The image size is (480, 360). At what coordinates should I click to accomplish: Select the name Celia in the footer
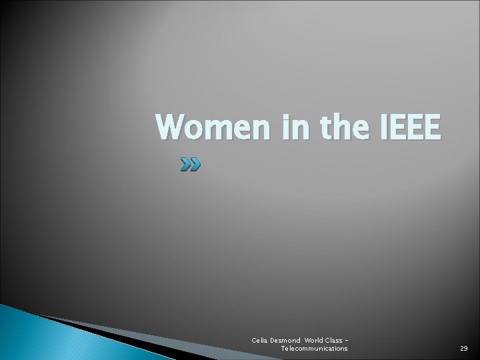[261, 341]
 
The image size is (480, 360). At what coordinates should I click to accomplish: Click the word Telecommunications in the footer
[314, 349]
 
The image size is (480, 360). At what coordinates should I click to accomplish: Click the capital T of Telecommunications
[283, 349]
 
